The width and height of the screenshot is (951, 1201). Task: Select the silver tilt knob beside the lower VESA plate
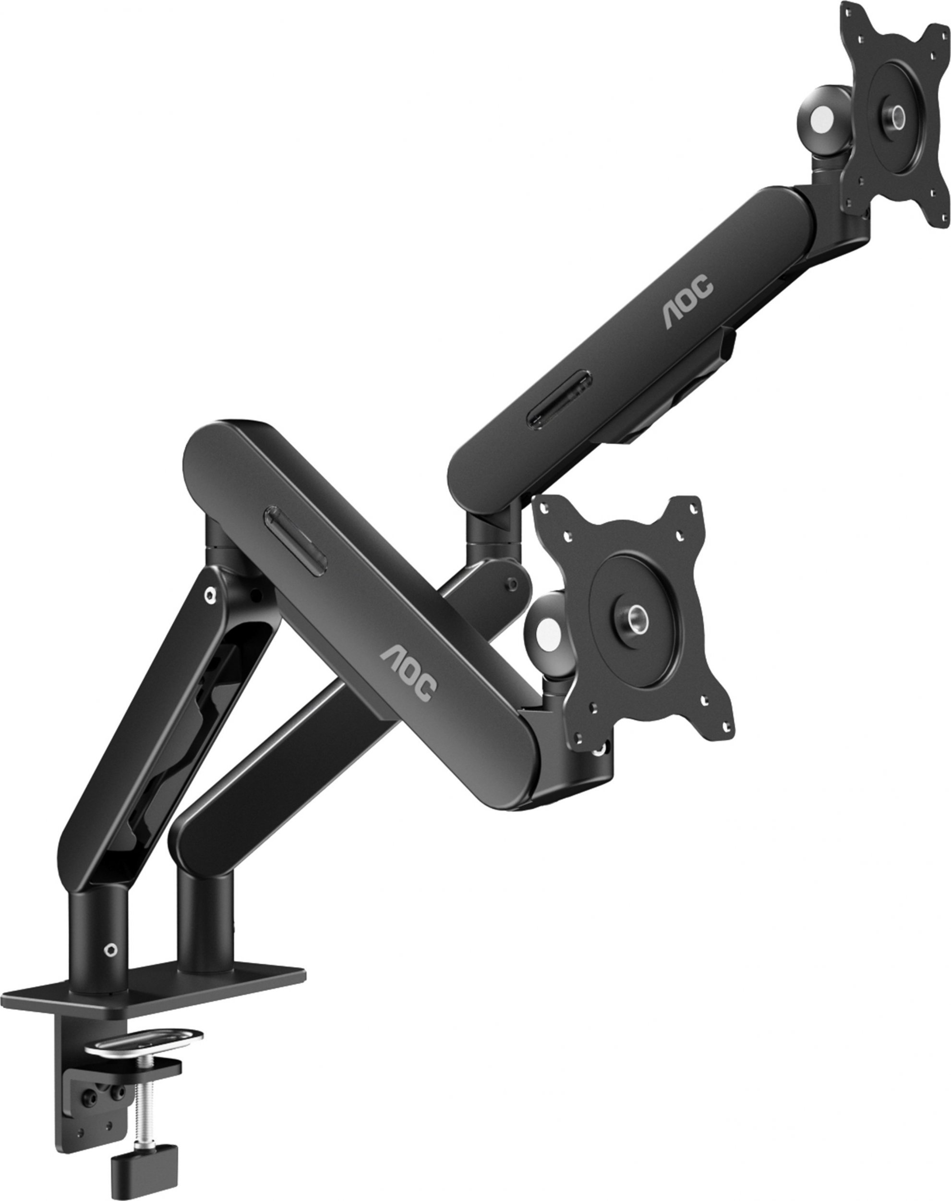548,632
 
